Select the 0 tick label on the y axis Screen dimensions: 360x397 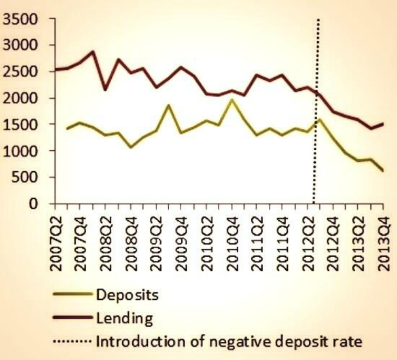click(x=34, y=204)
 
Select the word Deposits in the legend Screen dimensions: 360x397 click(x=127, y=295)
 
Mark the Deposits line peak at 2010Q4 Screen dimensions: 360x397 click(x=232, y=99)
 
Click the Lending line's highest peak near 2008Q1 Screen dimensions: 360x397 click(x=92, y=52)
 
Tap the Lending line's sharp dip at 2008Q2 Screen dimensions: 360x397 click(x=106, y=90)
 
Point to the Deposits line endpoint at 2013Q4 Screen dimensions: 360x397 click(x=383, y=170)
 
